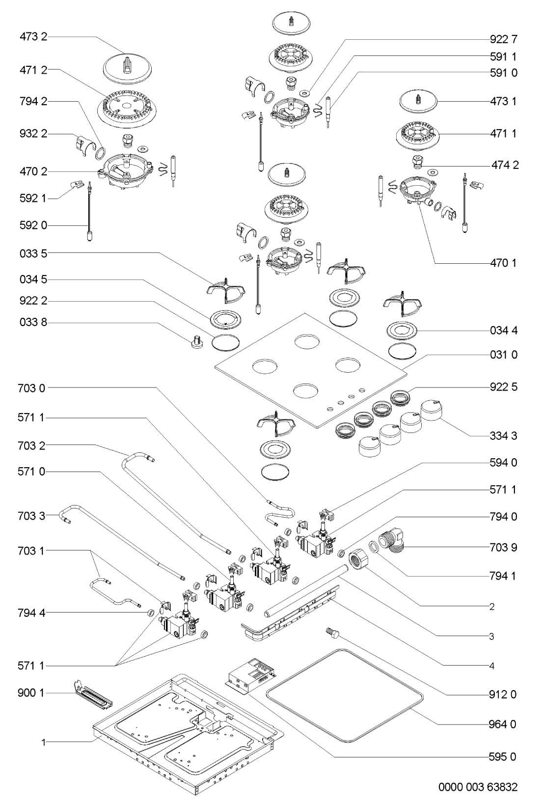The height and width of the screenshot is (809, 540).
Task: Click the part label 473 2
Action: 34,37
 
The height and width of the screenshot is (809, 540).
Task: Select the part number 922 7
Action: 504,39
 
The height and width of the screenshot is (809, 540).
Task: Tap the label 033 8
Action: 34,323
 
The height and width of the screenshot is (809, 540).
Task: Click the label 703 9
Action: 504,547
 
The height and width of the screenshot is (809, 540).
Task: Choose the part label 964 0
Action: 503,725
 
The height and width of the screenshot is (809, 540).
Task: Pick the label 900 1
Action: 34,693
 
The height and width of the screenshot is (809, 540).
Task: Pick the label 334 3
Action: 504,436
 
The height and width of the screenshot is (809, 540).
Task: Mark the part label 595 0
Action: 503,756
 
